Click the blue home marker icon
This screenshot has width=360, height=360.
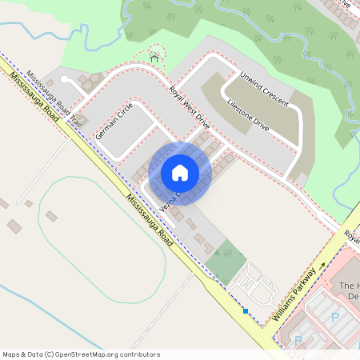[x=180, y=172]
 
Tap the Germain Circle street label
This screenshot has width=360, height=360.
[x=113, y=121]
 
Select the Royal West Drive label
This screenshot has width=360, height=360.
[x=189, y=107]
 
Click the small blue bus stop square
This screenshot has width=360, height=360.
[x=246, y=311]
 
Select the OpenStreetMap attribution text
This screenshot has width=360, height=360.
[x=81, y=354]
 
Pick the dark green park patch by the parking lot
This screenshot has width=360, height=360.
[x=226, y=261]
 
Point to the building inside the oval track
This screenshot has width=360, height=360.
[x=51, y=216]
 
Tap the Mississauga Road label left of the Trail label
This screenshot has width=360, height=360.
[x=34, y=96]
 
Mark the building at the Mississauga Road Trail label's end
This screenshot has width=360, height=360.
[x=82, y=121]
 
